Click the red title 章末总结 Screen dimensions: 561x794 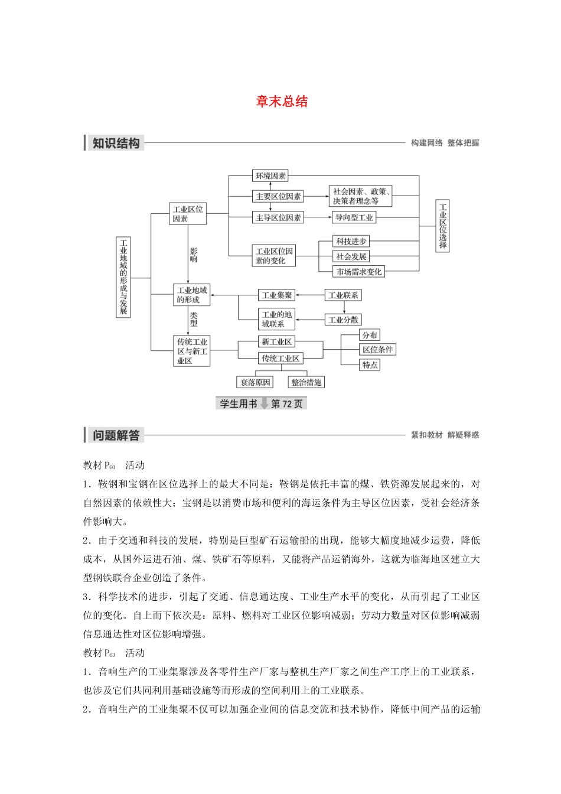[282, 102]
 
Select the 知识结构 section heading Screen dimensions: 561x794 [116, 143]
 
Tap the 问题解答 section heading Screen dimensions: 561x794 [116, 435]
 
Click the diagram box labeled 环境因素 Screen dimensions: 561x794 [270, 175]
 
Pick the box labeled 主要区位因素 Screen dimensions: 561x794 [278, 196]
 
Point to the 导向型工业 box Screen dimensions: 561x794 [354, 217]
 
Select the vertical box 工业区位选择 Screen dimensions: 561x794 [442, 226]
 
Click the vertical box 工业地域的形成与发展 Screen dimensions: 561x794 [123, 277]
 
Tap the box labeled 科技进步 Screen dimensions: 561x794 [351, 241]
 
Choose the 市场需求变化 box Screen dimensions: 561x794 [358, 272]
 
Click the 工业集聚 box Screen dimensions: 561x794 [276, 295]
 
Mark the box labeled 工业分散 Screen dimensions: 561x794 [343, 320]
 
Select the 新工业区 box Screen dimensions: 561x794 [276, 341]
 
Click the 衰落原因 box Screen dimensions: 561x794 [255, 382]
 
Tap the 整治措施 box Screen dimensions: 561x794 [306, 382]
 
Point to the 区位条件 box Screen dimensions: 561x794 [377, 349]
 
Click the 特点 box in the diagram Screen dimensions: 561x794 [370, 365]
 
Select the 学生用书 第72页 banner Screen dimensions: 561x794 [261, 403]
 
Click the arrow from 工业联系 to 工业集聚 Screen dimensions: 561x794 [310, 295]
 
